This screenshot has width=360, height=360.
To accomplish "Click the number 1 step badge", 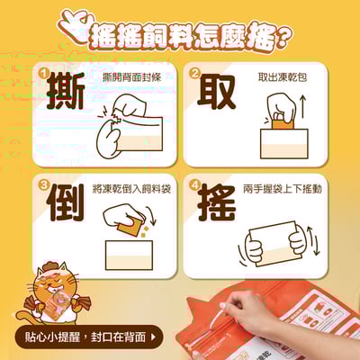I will point(42,71).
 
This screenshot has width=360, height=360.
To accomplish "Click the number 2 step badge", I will point(193,71).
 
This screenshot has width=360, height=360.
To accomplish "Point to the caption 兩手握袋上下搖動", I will point(282,191).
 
